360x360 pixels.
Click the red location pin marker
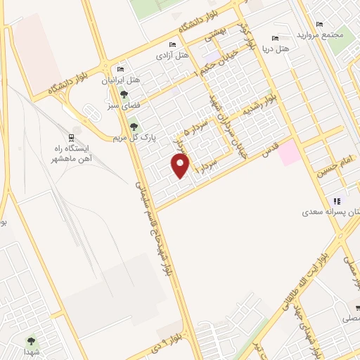[x=181, y=166]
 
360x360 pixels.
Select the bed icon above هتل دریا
[x=275, y=39]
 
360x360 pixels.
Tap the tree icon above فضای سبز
[x=124, y=94]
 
